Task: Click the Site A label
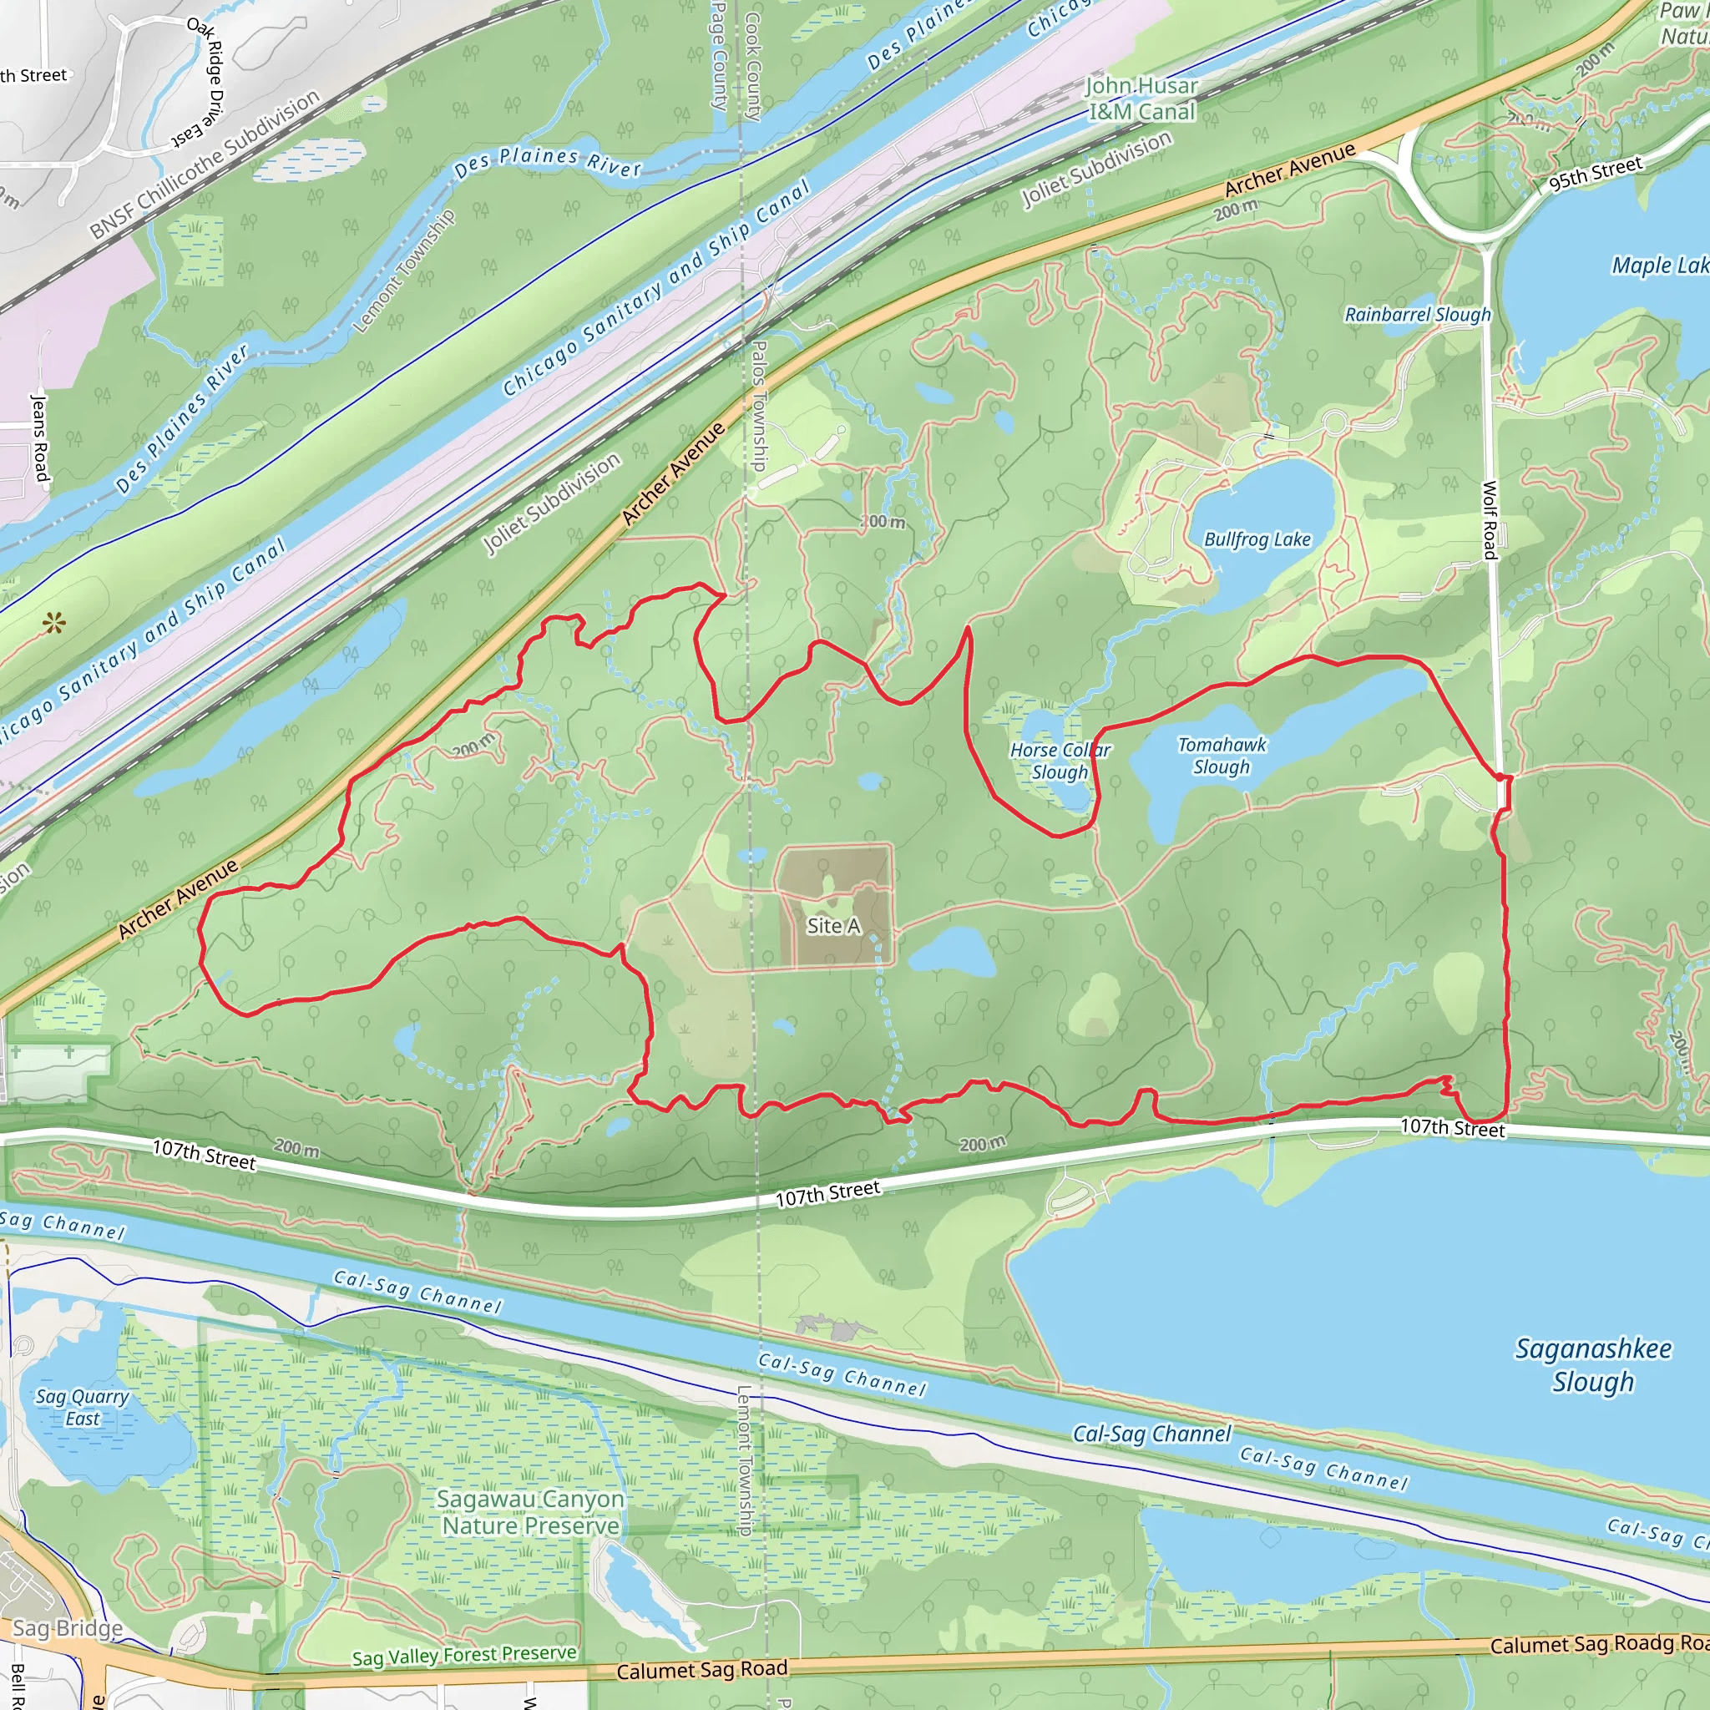click(x=832, y=926)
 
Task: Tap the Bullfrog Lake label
click(x=1257, y=539)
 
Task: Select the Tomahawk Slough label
click(x=1222, y=756)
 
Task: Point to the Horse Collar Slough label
click(x=1060, y=761)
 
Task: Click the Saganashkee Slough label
click(x=1593, y=1365)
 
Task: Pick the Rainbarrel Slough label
click(x=1417, y=315)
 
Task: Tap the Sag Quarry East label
click(x=83, y=1407)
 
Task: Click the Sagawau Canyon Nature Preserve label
click(x=531, y=1512)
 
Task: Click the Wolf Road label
click(x=1490, y=519)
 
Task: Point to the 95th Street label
click(x=1595, y=174)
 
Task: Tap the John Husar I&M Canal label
click(x=1141, y=99)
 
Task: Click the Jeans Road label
click(x=40, y=438)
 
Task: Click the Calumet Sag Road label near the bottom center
click(x=702, y=1670)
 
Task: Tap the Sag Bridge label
click(x=68, y=1628)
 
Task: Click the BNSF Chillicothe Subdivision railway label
click(x=205, y=164)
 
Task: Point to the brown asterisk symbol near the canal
click(x=54, y=624)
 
